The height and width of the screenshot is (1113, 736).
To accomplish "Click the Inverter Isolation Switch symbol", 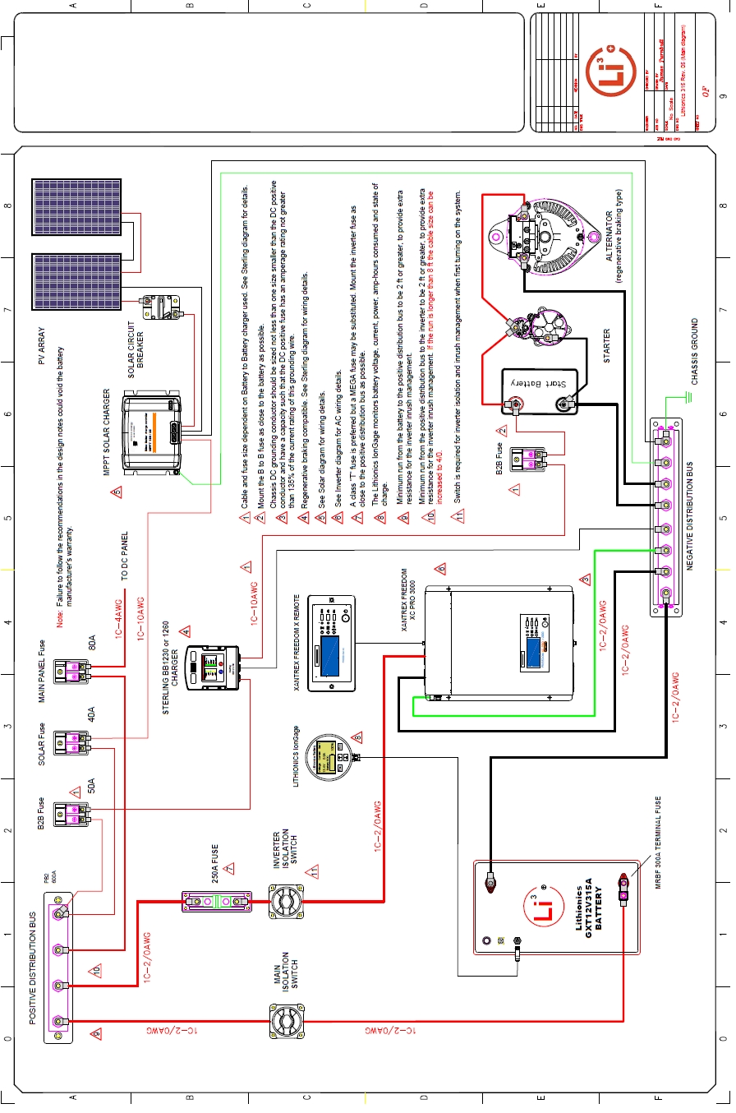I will (287, 903).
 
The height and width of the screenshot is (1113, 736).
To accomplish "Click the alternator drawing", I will (546, 239).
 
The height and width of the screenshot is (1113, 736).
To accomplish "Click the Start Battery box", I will (540, 389).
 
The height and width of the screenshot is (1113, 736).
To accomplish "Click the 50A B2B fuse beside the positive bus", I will (72, 814).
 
